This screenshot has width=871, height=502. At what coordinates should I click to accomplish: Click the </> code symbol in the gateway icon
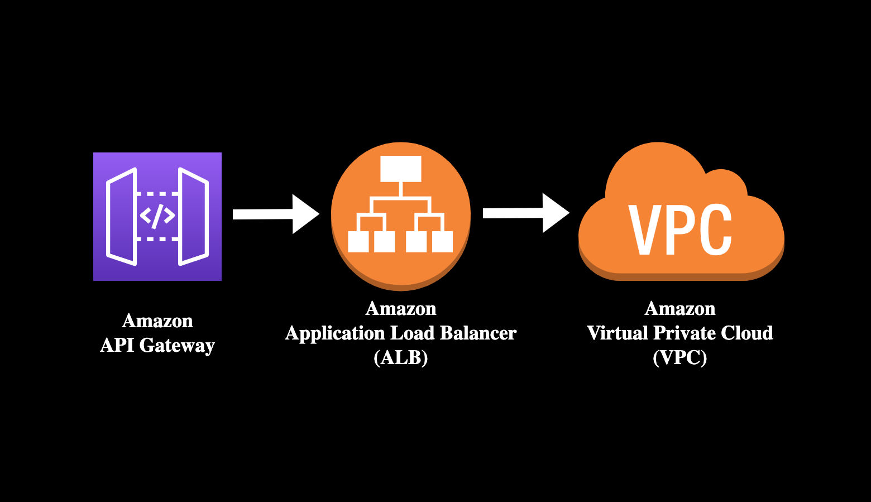tap(157, 216)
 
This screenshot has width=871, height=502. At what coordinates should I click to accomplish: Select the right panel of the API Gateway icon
tap(193, 216)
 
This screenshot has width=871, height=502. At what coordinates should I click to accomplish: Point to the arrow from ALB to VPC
tap(525, 213)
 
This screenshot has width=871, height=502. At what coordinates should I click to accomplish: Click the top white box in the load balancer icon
tap(400, 169)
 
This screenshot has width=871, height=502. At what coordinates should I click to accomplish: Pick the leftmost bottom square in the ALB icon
tap(358, 242)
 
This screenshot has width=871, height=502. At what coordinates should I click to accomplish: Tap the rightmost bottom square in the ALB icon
tap(442, 242)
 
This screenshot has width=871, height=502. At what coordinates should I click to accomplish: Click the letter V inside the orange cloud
tap(645, 230)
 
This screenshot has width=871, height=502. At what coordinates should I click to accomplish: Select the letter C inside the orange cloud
tap(715, 230)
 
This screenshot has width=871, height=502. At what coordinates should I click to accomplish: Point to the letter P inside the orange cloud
tap(681, 230)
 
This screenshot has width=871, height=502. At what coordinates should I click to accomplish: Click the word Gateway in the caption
tap(177, 346)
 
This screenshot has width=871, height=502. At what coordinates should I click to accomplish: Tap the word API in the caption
tap(117, 345)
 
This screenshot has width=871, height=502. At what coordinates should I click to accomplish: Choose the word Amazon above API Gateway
tap(157, 321)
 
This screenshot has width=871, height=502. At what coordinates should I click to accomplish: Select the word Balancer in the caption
tap(478, 333)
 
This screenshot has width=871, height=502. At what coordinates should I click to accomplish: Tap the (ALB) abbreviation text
tap(401, 357)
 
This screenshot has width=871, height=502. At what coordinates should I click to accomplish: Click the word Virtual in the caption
tap(618, 333)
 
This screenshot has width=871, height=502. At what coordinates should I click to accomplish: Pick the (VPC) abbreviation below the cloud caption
tap(679, 357)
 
